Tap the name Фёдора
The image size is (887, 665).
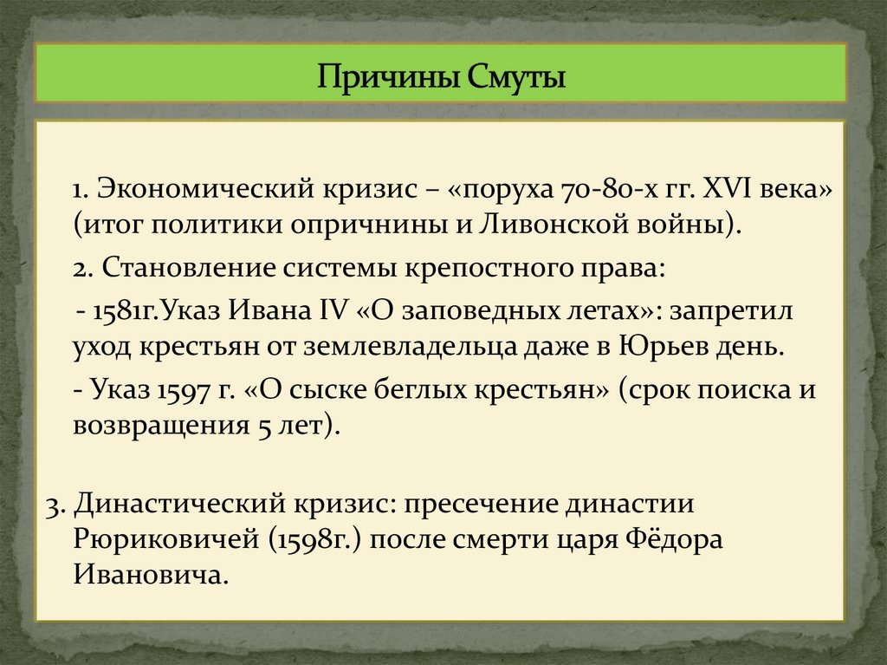pyautogui.click(x=673, y=539)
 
